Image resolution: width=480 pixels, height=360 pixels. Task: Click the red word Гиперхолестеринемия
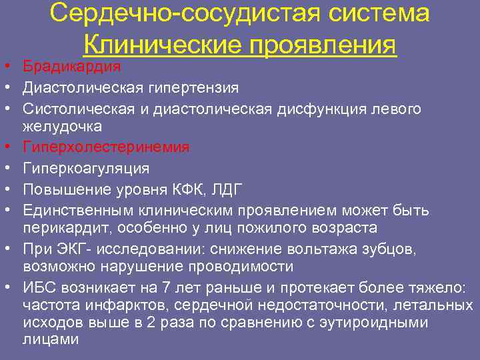click(106, 147)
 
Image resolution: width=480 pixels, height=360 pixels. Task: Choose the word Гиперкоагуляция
click(86, 167)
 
